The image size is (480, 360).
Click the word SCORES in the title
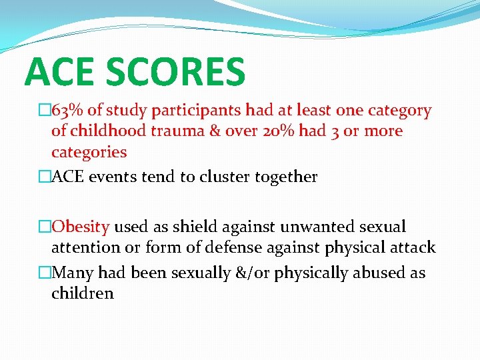[x=179, y=73]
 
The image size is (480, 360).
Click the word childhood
[x=108, y=131]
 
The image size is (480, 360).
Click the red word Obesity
[x=80, y=227]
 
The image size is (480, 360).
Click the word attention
[x=85, y=248]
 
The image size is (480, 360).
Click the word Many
[x=71, y=273]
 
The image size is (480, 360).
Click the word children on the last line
[x=83, y=293]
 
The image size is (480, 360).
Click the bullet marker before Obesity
[x=45, y=227]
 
